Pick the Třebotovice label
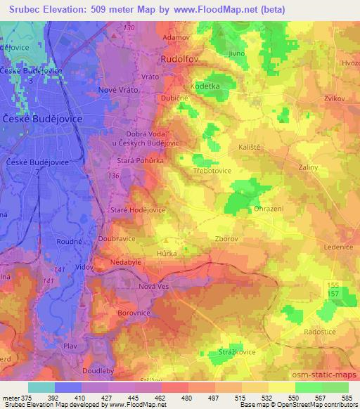212,170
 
